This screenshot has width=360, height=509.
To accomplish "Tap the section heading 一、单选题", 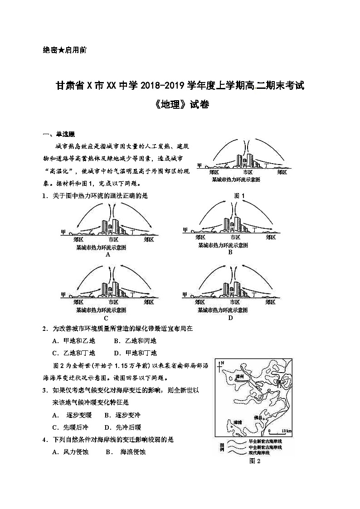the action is [58, 134].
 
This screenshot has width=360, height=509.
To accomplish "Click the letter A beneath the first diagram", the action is [108, 254].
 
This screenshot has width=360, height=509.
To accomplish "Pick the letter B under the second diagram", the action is [230, 252].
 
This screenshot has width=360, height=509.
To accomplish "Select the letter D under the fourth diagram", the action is [230, 317].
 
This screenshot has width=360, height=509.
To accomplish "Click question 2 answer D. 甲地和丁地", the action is [135, 353].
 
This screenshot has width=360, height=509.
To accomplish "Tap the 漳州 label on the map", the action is [240, 377].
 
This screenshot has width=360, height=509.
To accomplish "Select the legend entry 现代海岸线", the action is [259, 453].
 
